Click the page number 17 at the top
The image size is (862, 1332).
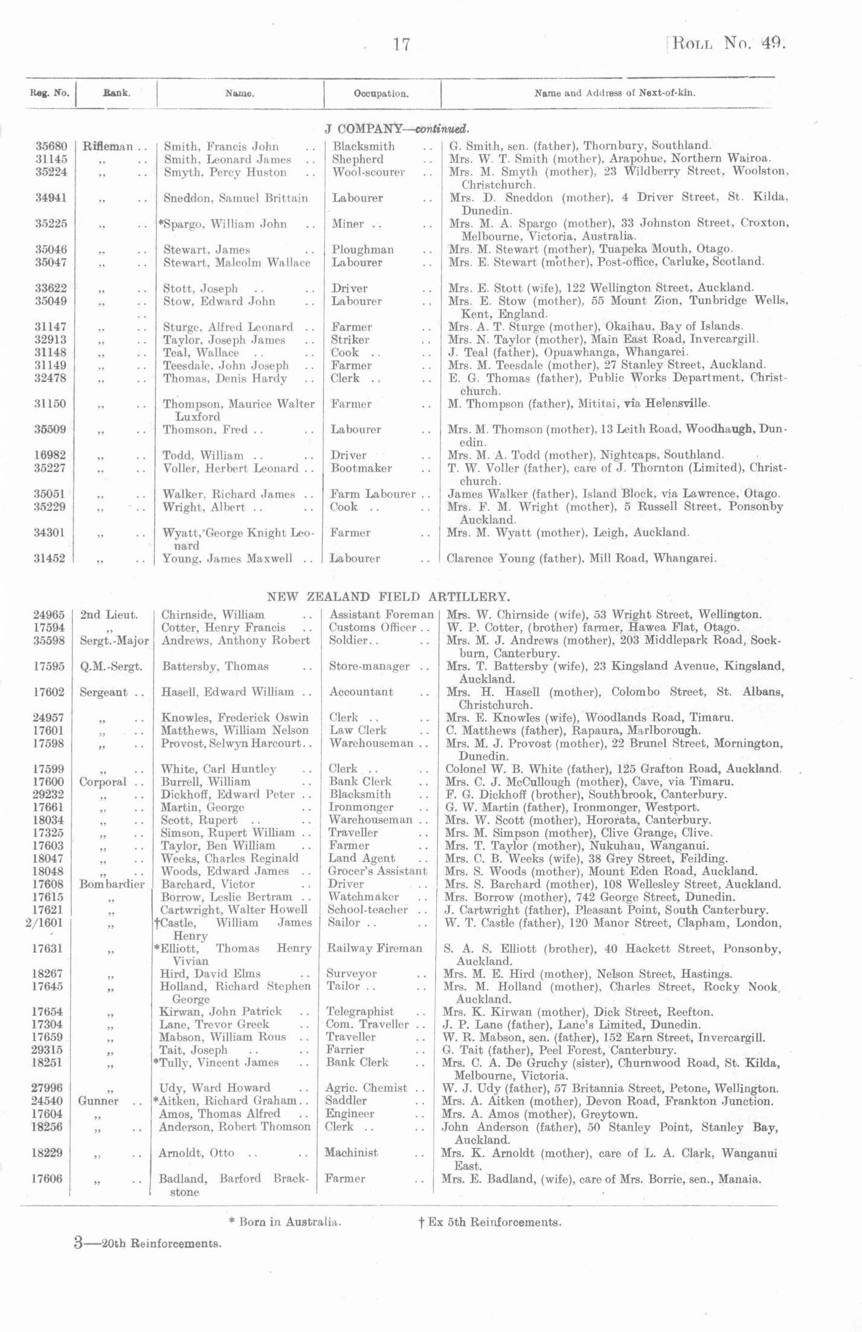(x=402, y=44)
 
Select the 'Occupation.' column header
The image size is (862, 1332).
(x=381, y=94)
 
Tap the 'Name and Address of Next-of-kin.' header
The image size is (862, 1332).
(x=614, y=93)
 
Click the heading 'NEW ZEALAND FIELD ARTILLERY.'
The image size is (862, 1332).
(x=388, y=597)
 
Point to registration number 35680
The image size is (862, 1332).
(x=51, y=146)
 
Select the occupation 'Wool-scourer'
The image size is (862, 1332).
(x=368, y=172)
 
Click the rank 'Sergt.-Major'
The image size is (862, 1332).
(x=114, y=640)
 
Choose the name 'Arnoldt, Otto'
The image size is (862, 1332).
(x=196, y=1153)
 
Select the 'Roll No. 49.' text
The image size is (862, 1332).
(x=727, y=44)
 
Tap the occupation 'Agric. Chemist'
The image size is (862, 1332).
(x=367, y=1088)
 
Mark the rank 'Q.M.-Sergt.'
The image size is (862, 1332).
(x=111, y=666)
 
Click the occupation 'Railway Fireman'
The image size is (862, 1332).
(x=375, y=948)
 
